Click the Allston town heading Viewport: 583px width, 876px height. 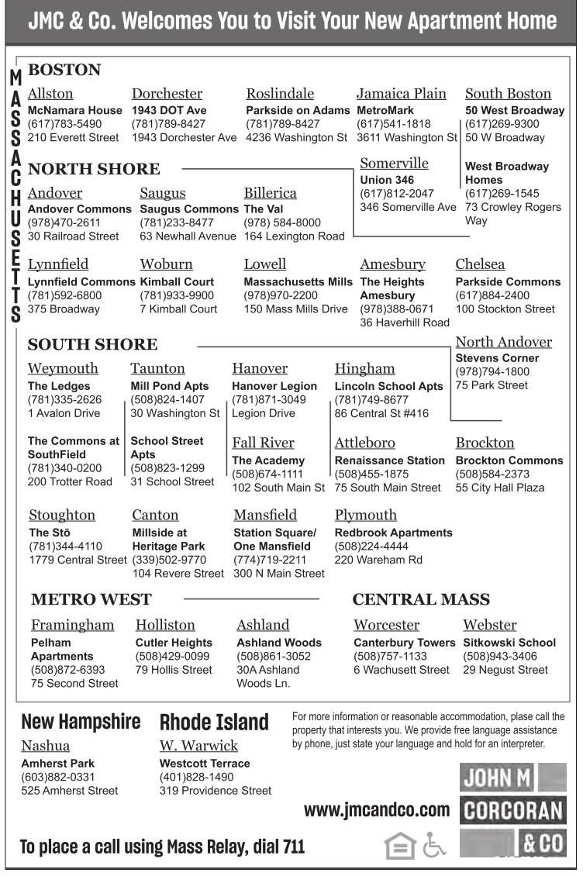click(x=50, y=94)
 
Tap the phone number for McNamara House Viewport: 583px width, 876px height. click(x=64, y=124)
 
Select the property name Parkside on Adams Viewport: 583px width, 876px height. click(x=298, y=110)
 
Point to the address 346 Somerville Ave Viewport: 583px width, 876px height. click(x=408, y=207)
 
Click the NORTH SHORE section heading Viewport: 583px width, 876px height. click(x=93, y=168)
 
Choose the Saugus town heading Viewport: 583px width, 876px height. click(x=163, y=192)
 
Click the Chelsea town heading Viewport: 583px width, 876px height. click(x=480, y=264)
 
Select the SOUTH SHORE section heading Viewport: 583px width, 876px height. click(x=92, y=344)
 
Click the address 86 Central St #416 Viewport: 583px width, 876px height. click(x=381, y=413)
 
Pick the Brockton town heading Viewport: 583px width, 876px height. click(x=485, y=443)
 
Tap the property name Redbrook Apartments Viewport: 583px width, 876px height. click(x=393, y=533)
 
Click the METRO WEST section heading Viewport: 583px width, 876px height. click(x=91, y=598)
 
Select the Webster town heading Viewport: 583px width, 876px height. click(x=490, y=625)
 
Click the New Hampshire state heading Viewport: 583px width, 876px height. click(x=81, y=723)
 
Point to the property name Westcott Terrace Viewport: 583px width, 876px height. click(x=205, y=763)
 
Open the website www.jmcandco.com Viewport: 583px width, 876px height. click(x=376, y=811)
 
